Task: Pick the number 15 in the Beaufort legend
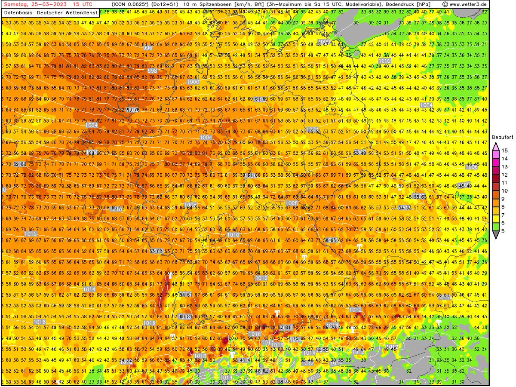click(x=505, y=150)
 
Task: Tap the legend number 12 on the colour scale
click(x=505, y=174)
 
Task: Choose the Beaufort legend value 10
click(x=505, y=190)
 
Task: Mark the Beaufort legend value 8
click(x=505, y=206)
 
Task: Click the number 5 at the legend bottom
click(x=505, y=230)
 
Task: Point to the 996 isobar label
click(x=147, y=48)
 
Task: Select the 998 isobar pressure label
click(x=152, y=70)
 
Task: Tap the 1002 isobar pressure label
click(x=385, y=61)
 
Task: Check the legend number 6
click(x=505, y=223)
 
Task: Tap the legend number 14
click(x=505, y=158)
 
